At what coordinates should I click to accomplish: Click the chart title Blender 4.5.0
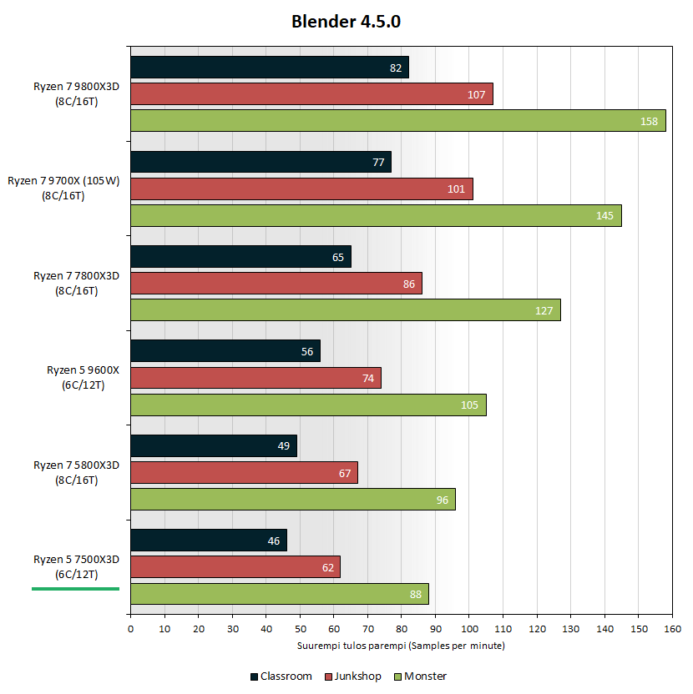click(346, 22)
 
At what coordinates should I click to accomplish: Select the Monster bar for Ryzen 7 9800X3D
click(397, 121)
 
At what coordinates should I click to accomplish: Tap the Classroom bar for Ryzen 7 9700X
click(261, 162)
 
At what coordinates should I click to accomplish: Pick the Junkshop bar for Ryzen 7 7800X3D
click(276, 284)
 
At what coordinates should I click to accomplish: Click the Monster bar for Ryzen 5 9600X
click(307, 405)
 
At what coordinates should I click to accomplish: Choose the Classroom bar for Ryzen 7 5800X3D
click(213, 445)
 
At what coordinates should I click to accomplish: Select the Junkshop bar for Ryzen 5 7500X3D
click(235, 567)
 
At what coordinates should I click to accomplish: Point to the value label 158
click(649, 122)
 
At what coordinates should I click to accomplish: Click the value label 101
click(456, 189)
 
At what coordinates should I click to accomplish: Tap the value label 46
click(273, 541)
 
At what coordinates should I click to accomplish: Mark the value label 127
click(544, 311)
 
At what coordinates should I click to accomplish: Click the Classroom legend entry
click(281, 676)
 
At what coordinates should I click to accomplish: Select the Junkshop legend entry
click(354, 676)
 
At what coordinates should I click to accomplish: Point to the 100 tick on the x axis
click(469, 628)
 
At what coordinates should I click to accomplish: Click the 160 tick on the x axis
click(672, 628)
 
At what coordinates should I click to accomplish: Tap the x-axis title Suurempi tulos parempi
click(401, 646)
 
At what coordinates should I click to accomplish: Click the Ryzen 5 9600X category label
click(83, 378)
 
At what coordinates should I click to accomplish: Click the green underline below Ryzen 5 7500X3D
click(75, 589)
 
